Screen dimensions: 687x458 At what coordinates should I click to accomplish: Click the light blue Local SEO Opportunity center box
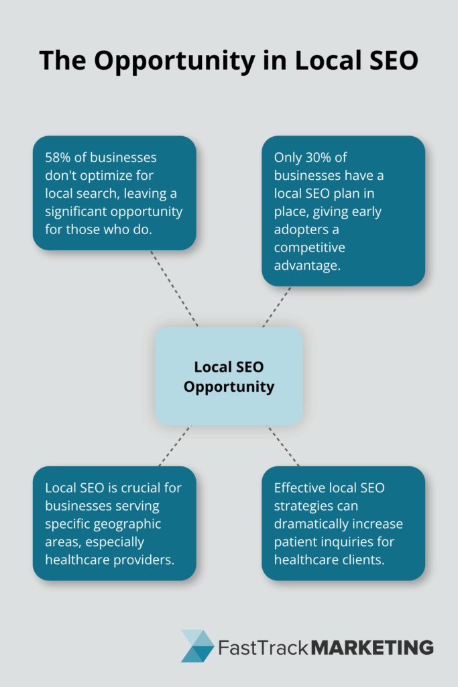click(229, 376)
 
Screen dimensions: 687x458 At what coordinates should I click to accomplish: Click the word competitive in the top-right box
click(308, 248)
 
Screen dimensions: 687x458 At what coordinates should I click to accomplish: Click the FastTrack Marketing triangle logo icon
click(197, 646)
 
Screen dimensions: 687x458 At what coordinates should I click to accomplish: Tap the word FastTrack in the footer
click(263, 647)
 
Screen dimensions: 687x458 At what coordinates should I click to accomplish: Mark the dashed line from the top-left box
click(174, 288)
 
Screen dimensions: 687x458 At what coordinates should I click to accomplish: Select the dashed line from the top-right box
click(277, 306)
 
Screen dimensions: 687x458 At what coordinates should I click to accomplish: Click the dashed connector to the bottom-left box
click(174, 445)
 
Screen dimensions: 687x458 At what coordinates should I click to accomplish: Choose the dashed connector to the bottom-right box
click(284, 445)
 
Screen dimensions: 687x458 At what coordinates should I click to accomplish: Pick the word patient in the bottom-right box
click(294, 541)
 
